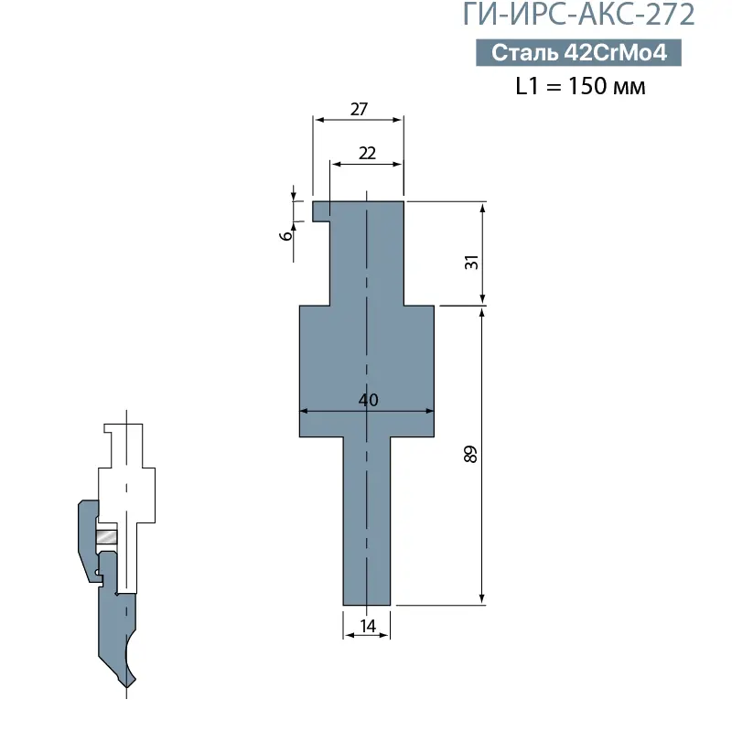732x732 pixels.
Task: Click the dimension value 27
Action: click(x=359, y=108)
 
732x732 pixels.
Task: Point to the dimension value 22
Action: click(x=367, y=153)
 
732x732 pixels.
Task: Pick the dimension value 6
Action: click(x=286, y=234)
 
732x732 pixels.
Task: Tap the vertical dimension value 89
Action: click(x=471, y=455)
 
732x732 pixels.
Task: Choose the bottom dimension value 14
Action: click(x=368, y=626)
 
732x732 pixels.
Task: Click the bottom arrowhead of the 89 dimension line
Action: click(x=482, y=598)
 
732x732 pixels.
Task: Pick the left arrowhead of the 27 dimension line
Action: click(x=318, y=118)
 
